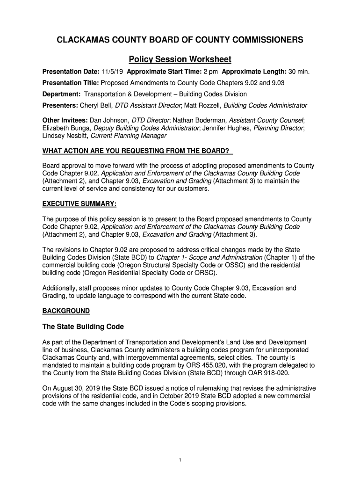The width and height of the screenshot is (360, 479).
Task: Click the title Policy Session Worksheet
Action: click(180, 59)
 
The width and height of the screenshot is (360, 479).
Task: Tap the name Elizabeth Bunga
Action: click(67, 128)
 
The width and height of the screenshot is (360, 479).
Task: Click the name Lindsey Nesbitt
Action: click(65, 136)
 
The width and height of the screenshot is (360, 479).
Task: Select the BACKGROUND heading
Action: click(66, 311)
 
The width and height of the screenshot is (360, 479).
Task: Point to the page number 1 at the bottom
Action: click(180, 460)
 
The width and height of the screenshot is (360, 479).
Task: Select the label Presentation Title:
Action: click(71, 83)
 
